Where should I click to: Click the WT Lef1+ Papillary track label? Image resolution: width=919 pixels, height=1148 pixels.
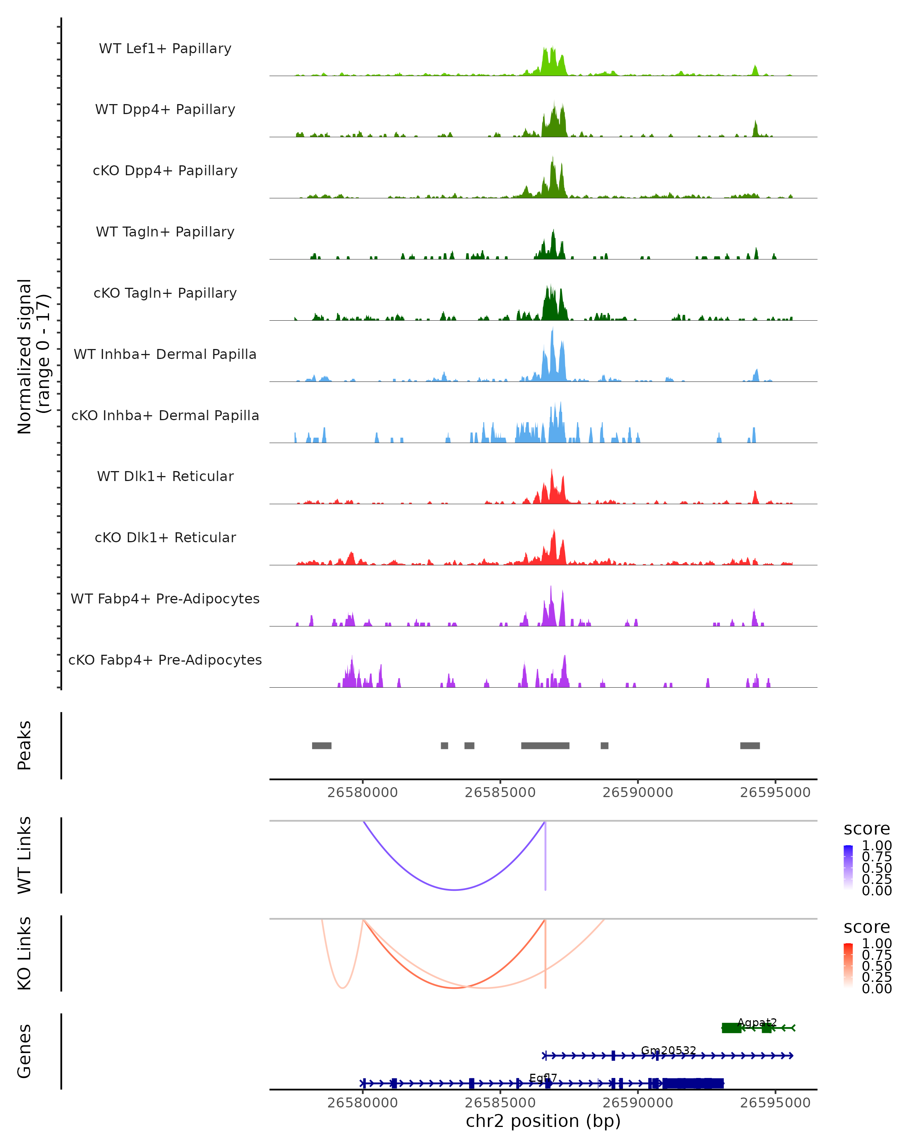click(x=165, y=49)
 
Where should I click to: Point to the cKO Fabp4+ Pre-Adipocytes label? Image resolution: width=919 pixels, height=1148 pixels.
click(x=165, y=660)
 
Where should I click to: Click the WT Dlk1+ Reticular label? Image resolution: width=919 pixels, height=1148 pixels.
click(x=165, y=476)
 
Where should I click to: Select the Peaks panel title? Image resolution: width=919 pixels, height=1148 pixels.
click(x=25, y=745)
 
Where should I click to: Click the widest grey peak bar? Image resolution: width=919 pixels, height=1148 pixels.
click(x=545, y=745)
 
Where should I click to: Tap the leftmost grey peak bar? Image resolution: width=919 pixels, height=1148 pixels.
click(x=321, y=745)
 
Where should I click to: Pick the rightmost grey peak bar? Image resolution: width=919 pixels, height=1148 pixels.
click(x=750, y=745)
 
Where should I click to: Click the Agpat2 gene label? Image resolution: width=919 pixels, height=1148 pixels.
click(x=757, y=1023)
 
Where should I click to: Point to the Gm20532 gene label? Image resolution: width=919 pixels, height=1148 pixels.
click(x=668, y=1050)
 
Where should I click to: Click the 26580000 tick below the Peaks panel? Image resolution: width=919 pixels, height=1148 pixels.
click(x=362, y=793)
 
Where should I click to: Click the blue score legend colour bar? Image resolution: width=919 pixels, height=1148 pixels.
click(x=848, y=868)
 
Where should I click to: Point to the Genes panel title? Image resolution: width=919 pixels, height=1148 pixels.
click(x=25, y=1051)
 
